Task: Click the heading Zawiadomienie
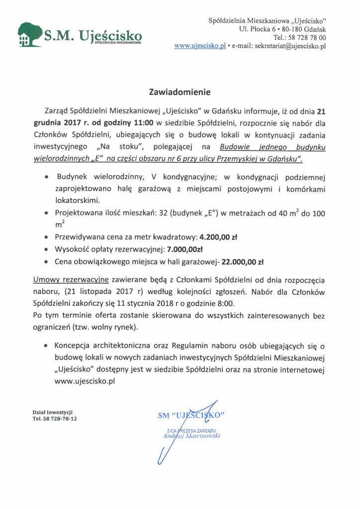pos(180,92)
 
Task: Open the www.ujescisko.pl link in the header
pos(200,46)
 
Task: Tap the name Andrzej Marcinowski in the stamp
pos(191,436)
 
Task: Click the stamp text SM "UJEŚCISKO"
pos(191,414)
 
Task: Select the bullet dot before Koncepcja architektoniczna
pos(46,345)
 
